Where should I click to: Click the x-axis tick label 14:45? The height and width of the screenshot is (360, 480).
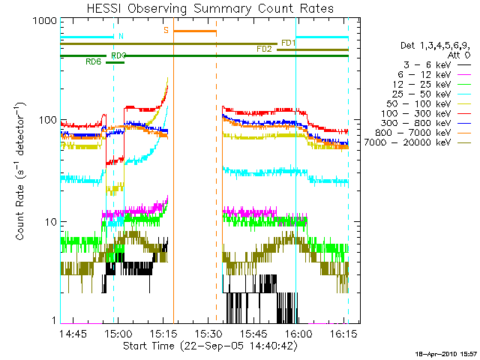[75, 334]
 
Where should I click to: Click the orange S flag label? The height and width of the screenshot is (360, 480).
[166, 30]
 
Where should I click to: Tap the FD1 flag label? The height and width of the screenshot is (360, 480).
[288, 42]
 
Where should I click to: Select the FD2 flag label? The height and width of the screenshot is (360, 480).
[264, 49]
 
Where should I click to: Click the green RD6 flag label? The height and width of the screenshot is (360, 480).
[94, 61]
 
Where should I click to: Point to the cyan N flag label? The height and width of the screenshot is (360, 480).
[121, 36]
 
